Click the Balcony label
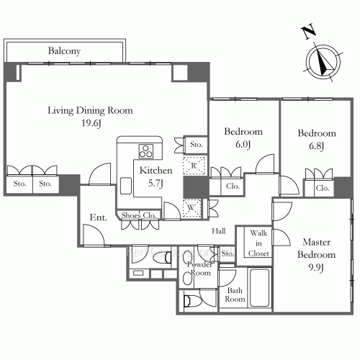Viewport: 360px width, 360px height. click(64, 51)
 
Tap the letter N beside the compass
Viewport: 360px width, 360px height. click(308, 31)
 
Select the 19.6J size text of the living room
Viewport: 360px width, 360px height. click(91, 123)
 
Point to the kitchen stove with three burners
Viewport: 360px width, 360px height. click(145, 151)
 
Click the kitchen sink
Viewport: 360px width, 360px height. click(126, 186)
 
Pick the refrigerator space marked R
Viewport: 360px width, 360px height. click(194, 166)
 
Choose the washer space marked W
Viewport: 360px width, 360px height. click(192, 208)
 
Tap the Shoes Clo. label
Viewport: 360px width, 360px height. click(139, 215)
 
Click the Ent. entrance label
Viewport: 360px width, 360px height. click(98, 217)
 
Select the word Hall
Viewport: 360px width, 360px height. click(219, 231)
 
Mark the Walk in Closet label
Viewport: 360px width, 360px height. click(258, 243)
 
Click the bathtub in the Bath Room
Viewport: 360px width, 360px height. click(259, 287)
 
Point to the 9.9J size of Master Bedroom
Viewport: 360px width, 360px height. click(316, 267)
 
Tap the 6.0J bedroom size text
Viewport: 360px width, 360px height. click(243, 144)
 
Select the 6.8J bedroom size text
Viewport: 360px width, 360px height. click(317, 145)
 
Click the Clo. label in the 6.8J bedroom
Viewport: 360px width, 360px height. click(323, 188)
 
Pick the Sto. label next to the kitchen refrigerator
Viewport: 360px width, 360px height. click(197, 144)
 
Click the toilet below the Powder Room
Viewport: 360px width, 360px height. click(188, 301)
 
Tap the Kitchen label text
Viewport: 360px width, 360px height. click(156, 171)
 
